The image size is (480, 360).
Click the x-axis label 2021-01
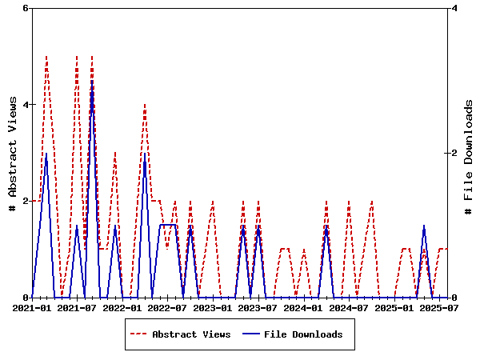coord(32,307)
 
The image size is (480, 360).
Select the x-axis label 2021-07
coord(78,307)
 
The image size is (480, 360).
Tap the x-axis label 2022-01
coord(122,307)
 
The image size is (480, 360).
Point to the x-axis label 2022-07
coord(168,307)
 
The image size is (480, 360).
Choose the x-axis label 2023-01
coord(213,307)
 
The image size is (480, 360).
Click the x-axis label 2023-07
coord(258,307)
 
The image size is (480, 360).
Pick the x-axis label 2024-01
coord(304,307)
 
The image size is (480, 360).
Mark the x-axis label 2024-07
coord(349,307)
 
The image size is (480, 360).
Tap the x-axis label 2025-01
coord(394,307)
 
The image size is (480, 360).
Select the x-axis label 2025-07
coord(439,307)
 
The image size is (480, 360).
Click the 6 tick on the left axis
coord(25,8)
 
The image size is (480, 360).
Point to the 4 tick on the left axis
coord(25,105)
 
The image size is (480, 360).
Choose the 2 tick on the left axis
coord(25,201)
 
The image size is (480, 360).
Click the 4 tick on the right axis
coord(454,8)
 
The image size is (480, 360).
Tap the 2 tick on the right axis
coord(454,153)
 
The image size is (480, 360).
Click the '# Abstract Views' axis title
coord(12,152)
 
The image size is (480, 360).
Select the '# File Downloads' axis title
coord(470,152)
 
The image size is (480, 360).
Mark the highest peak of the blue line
coord(92,81)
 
